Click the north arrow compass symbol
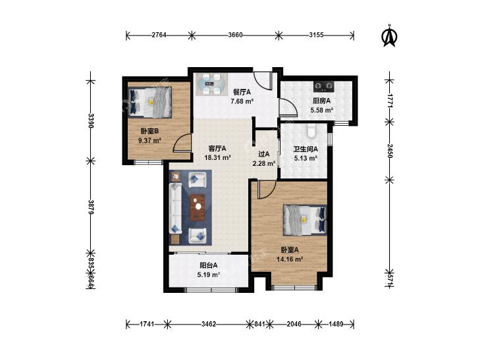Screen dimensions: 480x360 [389, 37]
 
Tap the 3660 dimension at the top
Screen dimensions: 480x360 [235, 35]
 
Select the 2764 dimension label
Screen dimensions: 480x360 [159, 35]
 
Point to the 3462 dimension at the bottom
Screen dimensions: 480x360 [209, 324]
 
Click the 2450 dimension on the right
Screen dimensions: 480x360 [389, 151]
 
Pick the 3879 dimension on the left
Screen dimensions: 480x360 [91, 207]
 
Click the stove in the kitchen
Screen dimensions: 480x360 [323, 87]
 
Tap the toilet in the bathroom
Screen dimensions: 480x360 [311, 130]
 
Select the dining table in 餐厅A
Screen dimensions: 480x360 [211, 84]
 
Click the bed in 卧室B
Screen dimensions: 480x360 [149, 101]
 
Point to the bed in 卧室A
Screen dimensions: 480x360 [305, 220]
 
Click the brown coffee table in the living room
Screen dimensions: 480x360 [198, 208]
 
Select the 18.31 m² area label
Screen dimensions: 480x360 [217, 158]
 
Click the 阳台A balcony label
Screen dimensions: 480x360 [209, 265]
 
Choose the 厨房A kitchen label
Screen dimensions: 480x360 [321, 100]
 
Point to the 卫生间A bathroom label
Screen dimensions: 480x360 [306, 149]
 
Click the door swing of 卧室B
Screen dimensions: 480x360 [182, 143]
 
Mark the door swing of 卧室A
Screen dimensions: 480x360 [267, 190]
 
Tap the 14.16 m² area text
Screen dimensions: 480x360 [290, 259]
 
